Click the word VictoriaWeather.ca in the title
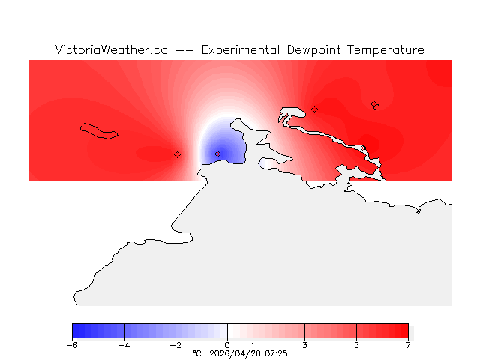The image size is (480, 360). (111, 50)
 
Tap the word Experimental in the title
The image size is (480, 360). (241, 50)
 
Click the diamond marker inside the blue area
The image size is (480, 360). (218, 154)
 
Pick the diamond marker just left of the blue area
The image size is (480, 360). (177, 154)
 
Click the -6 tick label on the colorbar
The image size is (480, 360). (72, 345)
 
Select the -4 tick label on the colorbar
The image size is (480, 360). (124, 345)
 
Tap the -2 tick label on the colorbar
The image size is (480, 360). (175, 345)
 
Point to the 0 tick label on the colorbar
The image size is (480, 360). (227, 345)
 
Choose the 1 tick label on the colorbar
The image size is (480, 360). (253, 345)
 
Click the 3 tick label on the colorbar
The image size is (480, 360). (304, 345)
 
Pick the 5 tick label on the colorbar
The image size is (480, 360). (356, 345)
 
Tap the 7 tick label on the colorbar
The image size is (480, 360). (408, 345)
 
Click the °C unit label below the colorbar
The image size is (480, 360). (197, 353)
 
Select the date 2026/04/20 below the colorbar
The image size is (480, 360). (235, 353)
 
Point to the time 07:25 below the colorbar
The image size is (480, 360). (276, 353)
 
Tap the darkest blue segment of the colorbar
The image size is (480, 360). (77, 330)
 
